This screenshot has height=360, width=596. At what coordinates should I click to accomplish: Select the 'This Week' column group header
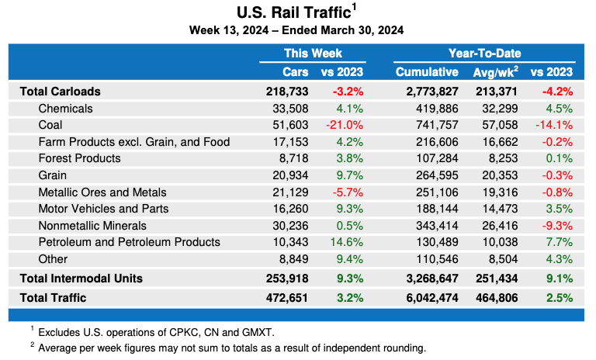(312, 54)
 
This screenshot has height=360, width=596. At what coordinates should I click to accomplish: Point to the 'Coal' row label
(50, 125)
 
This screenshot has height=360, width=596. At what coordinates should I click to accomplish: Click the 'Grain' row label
(52, 175)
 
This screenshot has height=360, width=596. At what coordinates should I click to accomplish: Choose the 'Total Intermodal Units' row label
(81, 278)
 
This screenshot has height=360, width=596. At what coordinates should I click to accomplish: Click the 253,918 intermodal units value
(287, 278)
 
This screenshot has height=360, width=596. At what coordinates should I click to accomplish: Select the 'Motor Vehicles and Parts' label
(103, 209)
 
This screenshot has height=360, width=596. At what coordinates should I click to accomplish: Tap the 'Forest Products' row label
(79, 158)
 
